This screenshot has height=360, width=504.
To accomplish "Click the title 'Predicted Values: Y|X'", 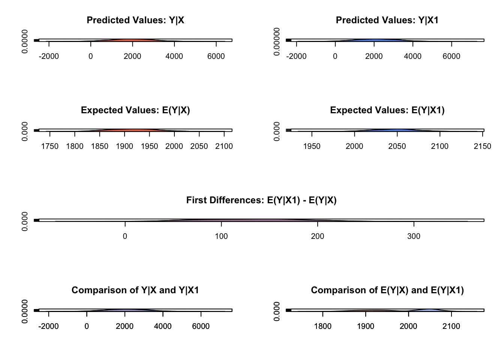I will [x=135, y=20].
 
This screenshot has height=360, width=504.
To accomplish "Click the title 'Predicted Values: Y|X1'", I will [x=387, y=20].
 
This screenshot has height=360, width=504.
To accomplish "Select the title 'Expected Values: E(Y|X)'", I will [x=135, y=110].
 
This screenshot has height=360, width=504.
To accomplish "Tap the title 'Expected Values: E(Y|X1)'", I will [x=387, y=110].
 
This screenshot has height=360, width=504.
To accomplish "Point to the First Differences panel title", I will [x=261, y=200].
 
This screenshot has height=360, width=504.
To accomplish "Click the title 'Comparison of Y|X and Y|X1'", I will [x=135, y=290].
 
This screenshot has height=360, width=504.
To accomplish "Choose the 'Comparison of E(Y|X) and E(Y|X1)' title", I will [x=387, y=290].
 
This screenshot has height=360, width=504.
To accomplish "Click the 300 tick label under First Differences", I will [x=414, y=236].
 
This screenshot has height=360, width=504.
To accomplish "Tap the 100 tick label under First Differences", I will [x=221, y=236].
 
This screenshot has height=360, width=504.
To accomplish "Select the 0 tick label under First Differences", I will [x=125, y=236].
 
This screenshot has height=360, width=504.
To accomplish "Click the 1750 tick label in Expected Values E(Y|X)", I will [x=50, y=146].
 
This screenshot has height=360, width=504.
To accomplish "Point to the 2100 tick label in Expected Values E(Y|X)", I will [x=224, y=146].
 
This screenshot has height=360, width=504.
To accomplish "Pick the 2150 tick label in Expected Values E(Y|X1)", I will [x=482, y=146].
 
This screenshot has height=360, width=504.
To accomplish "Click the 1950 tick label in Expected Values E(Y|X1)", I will [x=312, y=146].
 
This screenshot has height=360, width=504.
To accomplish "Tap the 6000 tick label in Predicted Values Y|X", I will [x=216, y=56].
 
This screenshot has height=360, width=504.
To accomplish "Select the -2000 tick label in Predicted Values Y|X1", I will [x=296, y=56].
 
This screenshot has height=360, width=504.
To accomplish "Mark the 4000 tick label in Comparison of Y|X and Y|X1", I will [x=163, y=326].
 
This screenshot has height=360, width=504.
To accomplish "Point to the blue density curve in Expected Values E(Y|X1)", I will [x=397, y=130].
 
